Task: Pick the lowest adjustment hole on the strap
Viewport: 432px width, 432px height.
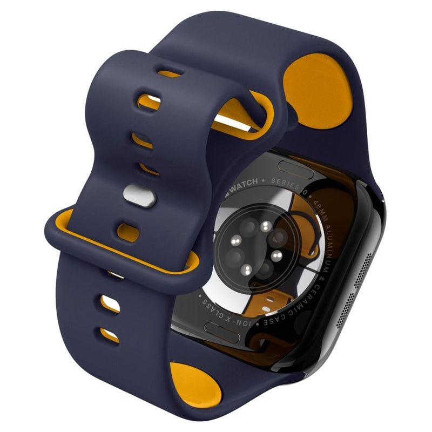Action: (x=109, y=334)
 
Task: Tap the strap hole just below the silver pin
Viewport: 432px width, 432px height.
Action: (x=127, y=232)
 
